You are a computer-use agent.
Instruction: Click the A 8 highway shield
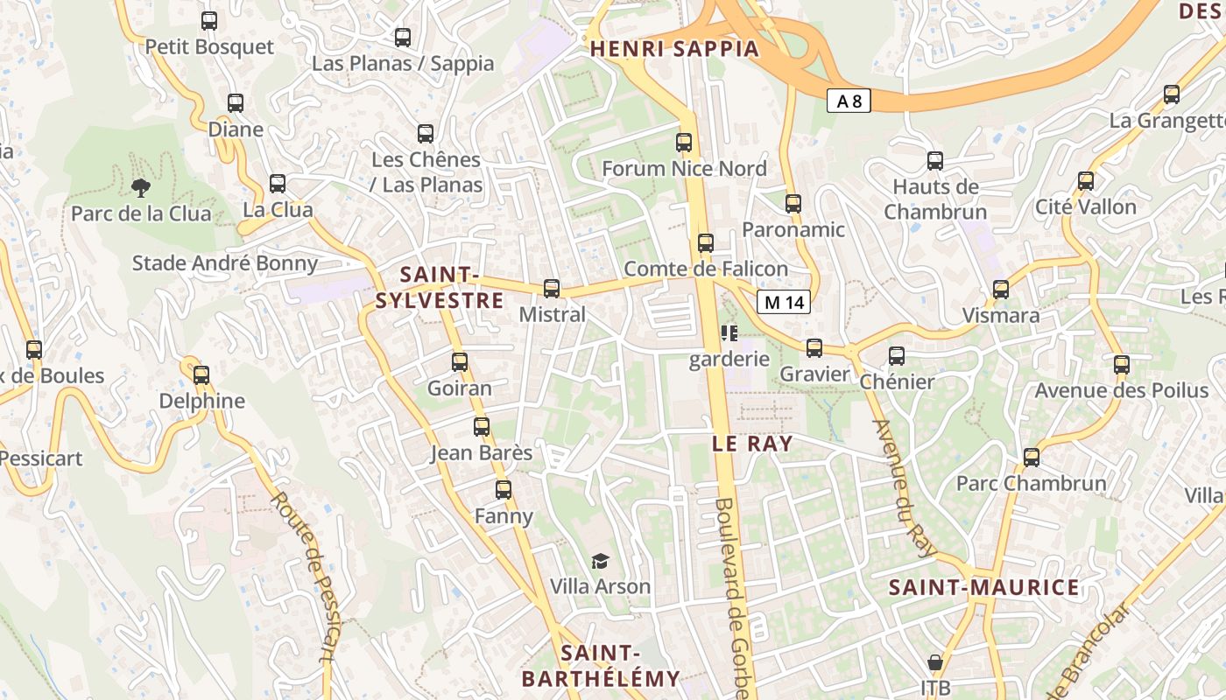(x=849, y=101)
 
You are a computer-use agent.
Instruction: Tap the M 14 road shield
(x=784, y=303)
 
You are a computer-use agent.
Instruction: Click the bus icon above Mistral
(x=552, y=288)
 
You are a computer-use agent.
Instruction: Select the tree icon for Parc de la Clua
(x=140, y=186)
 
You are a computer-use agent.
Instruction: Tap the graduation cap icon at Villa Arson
(x=600, y=561)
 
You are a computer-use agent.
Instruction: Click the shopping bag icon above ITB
(x=935, y=662)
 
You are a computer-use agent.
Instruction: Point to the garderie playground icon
(x=729, y=333)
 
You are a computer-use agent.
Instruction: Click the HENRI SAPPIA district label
(x=674, y=49)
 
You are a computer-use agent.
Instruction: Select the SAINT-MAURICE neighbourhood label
(x=983, y=587)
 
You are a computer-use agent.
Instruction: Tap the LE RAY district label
(x=752, y=444)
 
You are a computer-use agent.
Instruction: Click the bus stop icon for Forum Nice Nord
(x=684, y=142)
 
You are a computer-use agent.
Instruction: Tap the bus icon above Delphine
(x=201, y=374)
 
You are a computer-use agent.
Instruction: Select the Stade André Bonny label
(x=225, y=263)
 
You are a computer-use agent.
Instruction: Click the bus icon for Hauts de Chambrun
(x=935, y=161)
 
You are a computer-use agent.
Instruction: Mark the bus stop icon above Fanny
(x=504, y=490)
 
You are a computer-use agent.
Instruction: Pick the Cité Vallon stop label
(x=1085, y=207)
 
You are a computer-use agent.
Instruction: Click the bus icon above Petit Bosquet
(x=209, y=21)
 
